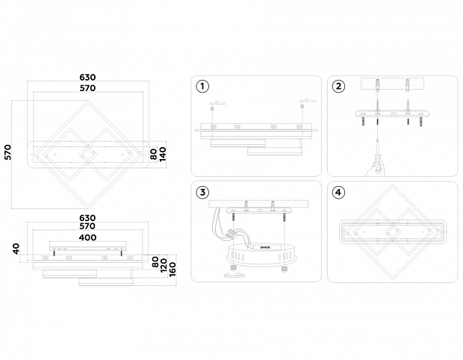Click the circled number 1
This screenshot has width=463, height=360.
pyautogui.click(x=202, y=86)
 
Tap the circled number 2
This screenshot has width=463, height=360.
pyautogui.click(x=339, y=86)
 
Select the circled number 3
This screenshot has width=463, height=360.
pyautogui.click(x=202, y=192)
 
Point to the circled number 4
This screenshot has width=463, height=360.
pyautogui.click(x=339, y=192)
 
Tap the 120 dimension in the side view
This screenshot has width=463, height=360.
pyautogui.click(x=164, y=265)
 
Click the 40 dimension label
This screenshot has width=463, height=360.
pyautogui.click(x=16, y=248)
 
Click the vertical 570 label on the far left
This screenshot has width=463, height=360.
pyautogui.click(x=7, y=152)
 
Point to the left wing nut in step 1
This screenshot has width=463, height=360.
pyautogui.click(x=215, y=102)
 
